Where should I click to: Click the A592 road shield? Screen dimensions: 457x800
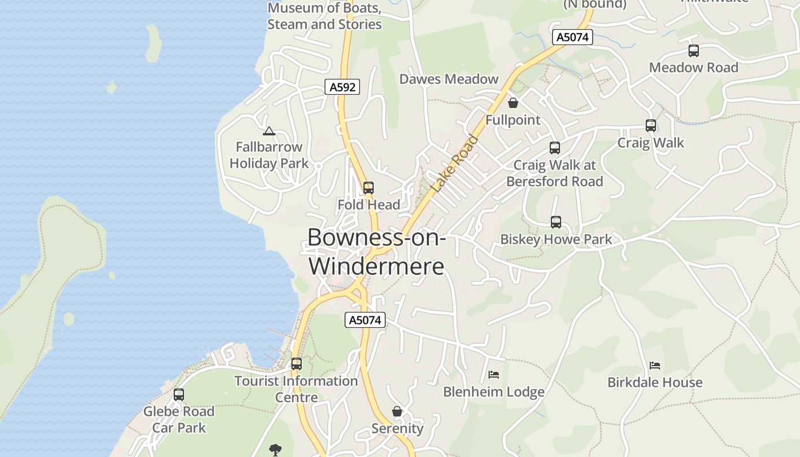pos(342,87)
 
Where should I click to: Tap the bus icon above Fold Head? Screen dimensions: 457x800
pos(369,187)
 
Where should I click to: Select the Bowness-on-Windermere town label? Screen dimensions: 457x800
pos(376,251)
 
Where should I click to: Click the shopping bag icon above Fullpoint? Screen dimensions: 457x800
pos(513,103)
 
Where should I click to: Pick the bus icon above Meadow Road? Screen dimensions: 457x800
pos(694,51)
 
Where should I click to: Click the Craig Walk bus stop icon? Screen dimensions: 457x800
pos(651,126)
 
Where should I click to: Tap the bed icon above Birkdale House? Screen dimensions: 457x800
pos(655,366)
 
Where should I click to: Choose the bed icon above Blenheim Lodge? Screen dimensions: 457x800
pos(494,375)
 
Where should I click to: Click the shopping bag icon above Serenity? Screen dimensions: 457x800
pos(397,411)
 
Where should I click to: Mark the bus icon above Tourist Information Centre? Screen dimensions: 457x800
pos(296,363)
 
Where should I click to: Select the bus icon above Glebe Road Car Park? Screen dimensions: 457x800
pos(179,394)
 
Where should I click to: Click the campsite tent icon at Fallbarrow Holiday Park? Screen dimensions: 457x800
pos(269,131)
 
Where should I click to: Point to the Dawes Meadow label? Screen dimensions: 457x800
pos(449,79)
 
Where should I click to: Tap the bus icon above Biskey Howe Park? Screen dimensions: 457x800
pos(556,222)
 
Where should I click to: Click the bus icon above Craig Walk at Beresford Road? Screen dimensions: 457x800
pos(554,148)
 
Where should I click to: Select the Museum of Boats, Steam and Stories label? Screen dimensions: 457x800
pos(325,16)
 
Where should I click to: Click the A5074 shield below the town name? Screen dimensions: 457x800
pos(365,320)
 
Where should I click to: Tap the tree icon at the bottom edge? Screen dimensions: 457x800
pos(275,450)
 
